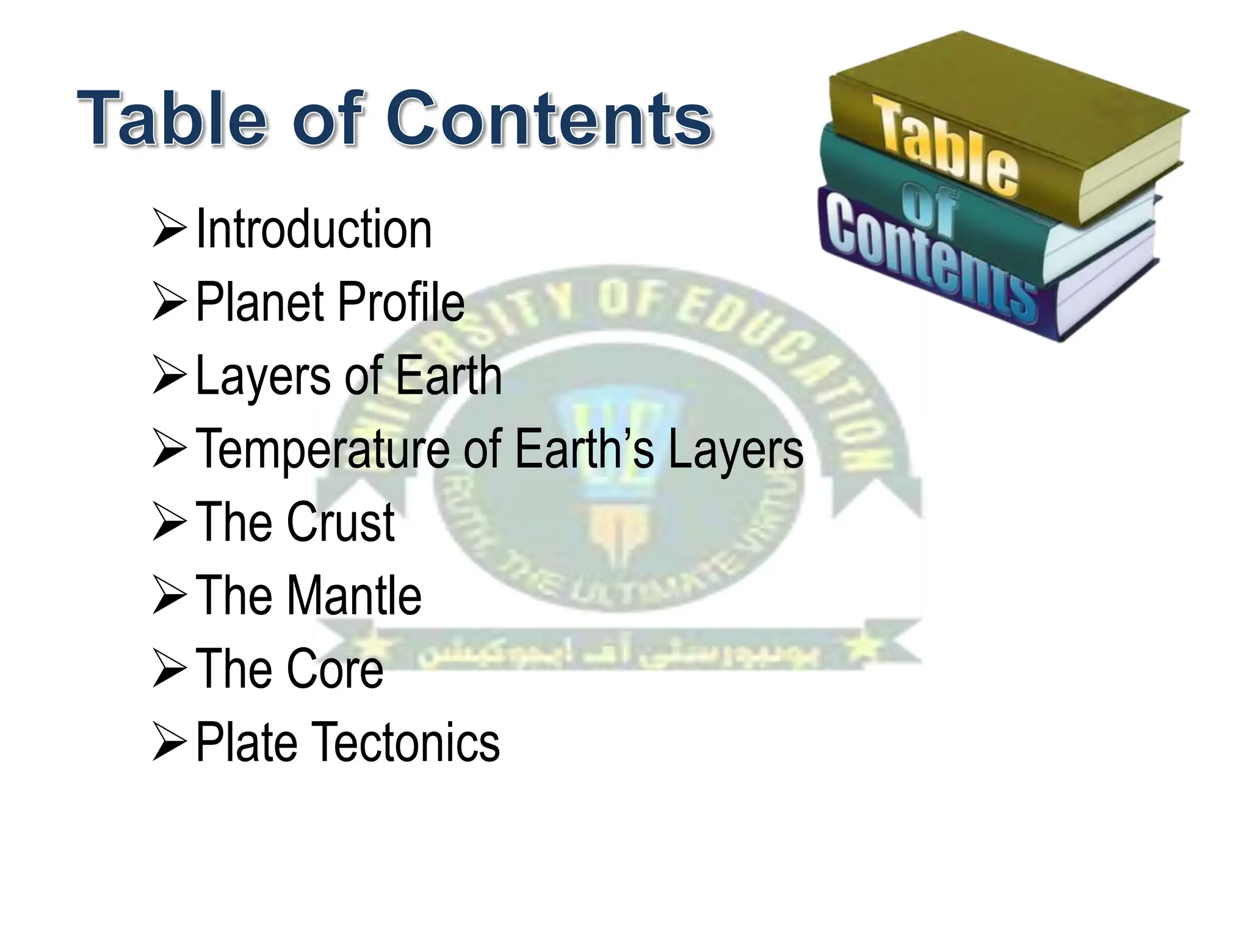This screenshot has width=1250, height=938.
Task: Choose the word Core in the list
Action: pyautogui.click(x=334, y=669)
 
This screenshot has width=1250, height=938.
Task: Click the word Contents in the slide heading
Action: pyautogui.click(x=549, y=118)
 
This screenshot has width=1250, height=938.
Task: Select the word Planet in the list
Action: pyautogui.click(x=260, y=302)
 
